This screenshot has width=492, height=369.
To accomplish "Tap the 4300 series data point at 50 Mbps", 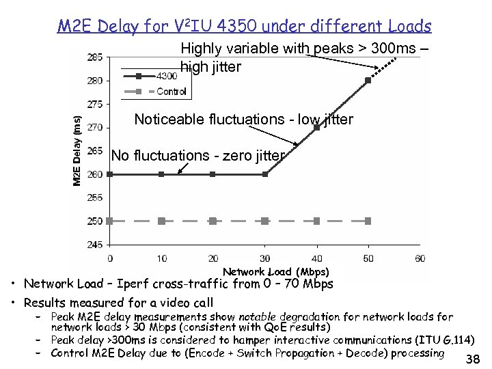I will click(x=368, y=80).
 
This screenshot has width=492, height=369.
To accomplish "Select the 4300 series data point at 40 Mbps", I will click(x=317, y=127).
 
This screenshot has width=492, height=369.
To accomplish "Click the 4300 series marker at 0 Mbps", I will click(x=109, y=174).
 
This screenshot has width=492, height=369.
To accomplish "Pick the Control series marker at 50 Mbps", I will click(x=368, y=221).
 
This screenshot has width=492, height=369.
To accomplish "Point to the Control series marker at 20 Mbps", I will click(x=213, y=221).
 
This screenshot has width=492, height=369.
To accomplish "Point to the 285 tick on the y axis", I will click(x=95, y=57).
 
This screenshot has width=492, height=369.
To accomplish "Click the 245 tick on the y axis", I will click(x=95, y=244).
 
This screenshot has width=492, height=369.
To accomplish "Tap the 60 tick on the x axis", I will click(x=420, y=258).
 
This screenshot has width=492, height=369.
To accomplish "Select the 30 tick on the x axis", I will click(x=265, y=258).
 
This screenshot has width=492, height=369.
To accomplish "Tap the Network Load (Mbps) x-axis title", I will click(x=275, y=272).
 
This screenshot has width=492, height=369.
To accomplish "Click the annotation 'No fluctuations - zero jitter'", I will click(x=197, y=156).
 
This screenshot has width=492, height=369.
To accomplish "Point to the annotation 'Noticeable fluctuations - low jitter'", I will click(x=243, y=120).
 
